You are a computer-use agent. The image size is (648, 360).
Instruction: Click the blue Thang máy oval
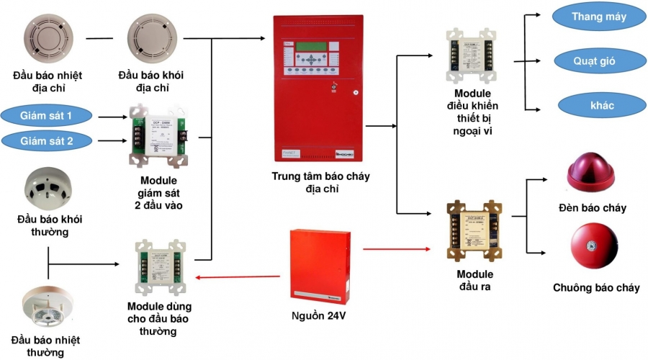pyautogui.click(x=599, y=16)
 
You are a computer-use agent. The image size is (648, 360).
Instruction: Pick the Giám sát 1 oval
pyautogui.click(x=46, y=115)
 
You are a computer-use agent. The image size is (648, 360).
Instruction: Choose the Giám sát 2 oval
pyautogui.click(x=46, y=140)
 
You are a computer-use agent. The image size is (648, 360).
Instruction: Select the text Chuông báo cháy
pyautogui.click(x=596, y=288)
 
